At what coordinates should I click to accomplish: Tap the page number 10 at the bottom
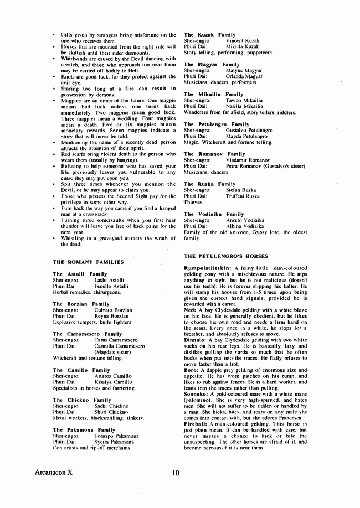(x=176, y=473)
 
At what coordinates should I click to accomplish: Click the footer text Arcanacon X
(x=38, y=473)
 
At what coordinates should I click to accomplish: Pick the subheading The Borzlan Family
(x=81, y=304)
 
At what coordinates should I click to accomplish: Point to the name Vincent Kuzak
(x=242, y=41)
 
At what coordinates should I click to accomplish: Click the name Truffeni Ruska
(x=243, y=196)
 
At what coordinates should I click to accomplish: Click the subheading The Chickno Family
(x=82, y=400)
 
